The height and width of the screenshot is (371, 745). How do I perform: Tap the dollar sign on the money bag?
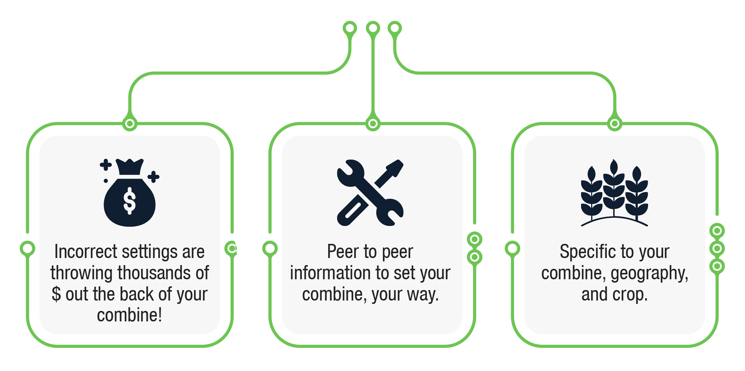click(x=129, y=201)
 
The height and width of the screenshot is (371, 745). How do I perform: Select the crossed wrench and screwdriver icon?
click(x=370, y=192)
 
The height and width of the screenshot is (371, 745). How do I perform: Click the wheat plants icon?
click(x=614, y=193)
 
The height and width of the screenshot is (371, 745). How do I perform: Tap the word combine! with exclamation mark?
click(x=129, y=315)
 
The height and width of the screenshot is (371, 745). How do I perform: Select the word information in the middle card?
click(x=326, y=273)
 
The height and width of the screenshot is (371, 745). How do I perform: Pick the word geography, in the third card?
click(x=649, y=274)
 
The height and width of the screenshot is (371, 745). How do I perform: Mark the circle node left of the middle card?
click(x=270, y=248)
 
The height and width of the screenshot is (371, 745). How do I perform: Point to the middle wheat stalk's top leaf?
click(x=614, y=166)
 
